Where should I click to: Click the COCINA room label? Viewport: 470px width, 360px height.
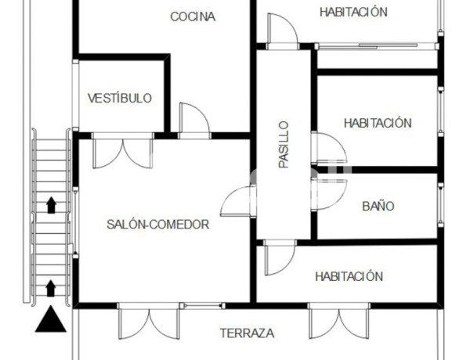click(x=193, y=16)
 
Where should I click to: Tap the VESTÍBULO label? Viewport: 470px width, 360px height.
click(x=120, y=99)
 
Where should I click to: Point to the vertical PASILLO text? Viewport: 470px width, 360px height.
click(x=284, y=144)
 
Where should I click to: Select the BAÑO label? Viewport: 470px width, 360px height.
click(x=378, y=207)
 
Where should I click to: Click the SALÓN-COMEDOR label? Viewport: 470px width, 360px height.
click(x=157, y=225)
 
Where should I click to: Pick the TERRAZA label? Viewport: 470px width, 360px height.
click(x=247, y=333)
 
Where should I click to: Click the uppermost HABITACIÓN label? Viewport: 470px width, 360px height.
click(x=354, y=12)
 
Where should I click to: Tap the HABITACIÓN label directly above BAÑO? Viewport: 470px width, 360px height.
click(x=378, y=123)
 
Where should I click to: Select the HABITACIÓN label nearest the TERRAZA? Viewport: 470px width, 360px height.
click(x=349, y=276)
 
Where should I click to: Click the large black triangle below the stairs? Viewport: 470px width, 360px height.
click(x=50, y=319)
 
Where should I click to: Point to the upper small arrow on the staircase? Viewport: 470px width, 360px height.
click(x=51, y=205)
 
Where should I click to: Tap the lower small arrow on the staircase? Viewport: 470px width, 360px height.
click(x=51, y=287)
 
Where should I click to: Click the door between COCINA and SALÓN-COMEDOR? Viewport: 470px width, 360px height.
click(x=194, y=119)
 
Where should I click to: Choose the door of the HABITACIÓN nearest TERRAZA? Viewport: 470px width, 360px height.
click(x=279, y=258)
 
